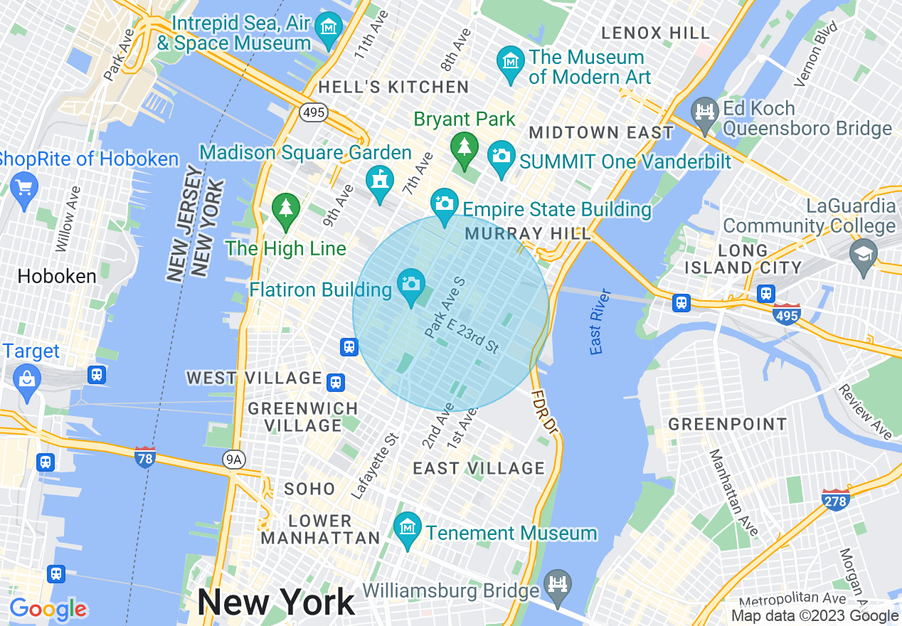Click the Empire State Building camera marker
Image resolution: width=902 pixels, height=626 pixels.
click(445, 203)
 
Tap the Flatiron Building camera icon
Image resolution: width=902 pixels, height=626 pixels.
click(411, 284)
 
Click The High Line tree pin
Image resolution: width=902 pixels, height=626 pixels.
click(286, 208)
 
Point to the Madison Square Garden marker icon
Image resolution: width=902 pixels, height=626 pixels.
click(380, 179)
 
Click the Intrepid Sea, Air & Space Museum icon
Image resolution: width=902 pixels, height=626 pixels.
click(329, 28)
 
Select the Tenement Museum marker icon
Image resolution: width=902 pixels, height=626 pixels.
click(408, 528)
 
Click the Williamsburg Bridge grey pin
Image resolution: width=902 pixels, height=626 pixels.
click(557, 585)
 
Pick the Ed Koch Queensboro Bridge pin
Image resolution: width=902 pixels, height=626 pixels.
click(705, 112)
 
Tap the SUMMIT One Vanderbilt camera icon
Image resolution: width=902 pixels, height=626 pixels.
click(502, 154)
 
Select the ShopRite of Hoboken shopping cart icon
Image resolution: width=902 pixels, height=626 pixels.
click(25, 188)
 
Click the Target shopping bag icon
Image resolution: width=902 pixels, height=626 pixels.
click(27, 378)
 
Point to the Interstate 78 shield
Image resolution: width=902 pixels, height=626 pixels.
click(145, 457)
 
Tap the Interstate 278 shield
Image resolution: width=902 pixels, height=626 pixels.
click(835, 499)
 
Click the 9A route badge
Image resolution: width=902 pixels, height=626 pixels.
click(233, 460)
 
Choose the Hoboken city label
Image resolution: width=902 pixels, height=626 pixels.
click(57, 276)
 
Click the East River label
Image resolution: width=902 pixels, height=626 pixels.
click(600, 322)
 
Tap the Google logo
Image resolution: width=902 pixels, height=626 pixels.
click(48, 609)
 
